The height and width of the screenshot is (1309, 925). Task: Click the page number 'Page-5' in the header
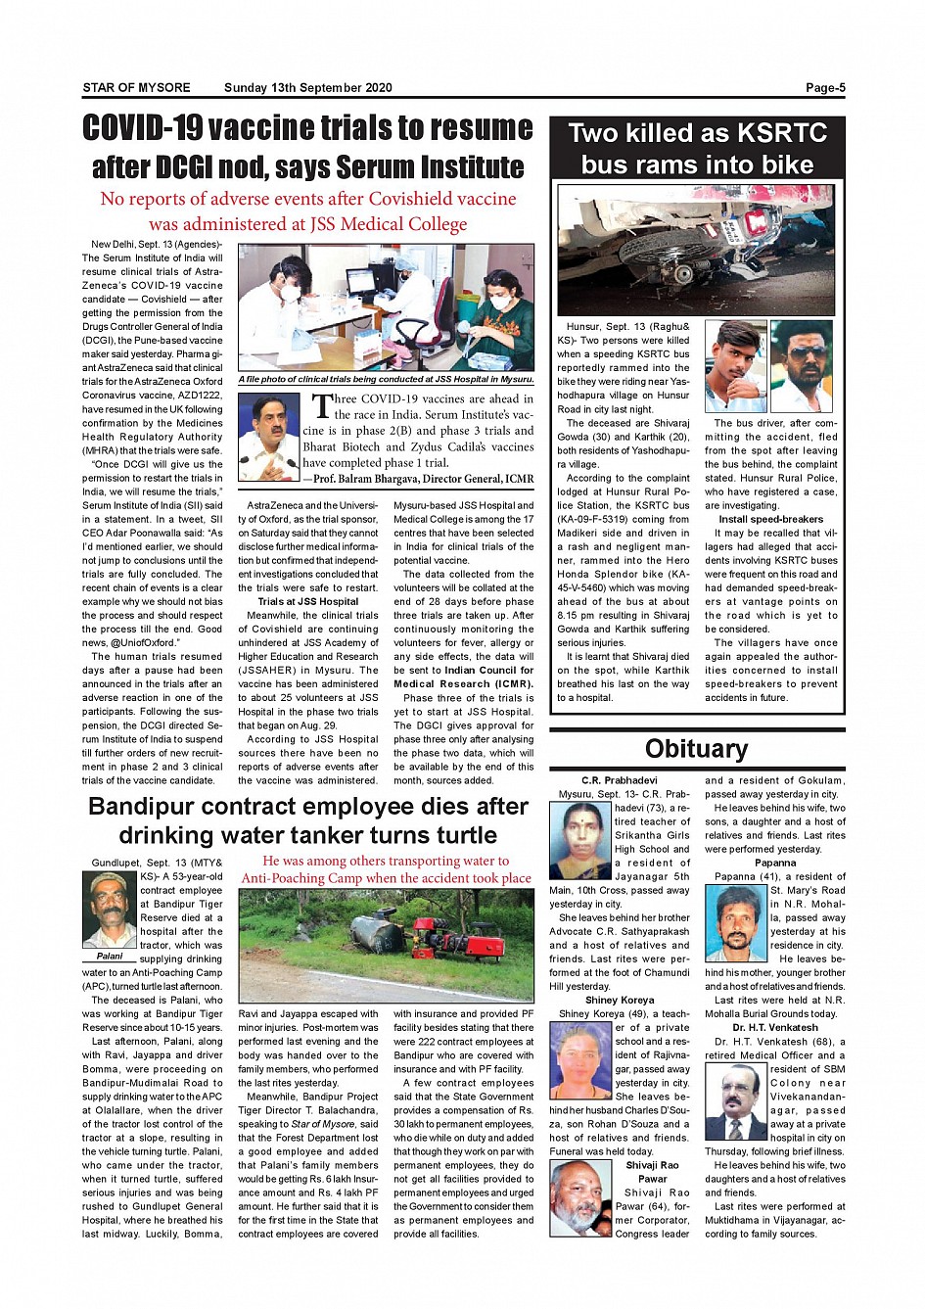pos(824,88)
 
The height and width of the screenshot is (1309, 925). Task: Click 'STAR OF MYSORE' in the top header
pos(136,88)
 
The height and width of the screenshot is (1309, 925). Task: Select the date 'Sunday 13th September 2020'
pos(307,88)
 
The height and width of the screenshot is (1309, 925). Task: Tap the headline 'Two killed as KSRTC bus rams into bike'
pos(697,149)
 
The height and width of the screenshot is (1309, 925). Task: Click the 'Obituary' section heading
pos(696,749)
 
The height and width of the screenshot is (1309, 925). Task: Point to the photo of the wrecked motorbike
pos(696,250)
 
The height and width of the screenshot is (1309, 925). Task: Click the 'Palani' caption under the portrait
pos(110,956)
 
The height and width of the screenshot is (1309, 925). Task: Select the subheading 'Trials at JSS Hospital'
pos(307,601)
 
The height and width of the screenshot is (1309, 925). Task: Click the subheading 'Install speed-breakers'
pos(770,519)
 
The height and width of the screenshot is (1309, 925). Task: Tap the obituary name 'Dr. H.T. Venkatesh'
pos(775,1027)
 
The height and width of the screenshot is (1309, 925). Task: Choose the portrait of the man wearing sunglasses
pos(801,366)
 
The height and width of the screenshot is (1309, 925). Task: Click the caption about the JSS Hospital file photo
pos(386,379)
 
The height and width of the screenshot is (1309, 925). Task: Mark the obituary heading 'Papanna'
pos(775,863)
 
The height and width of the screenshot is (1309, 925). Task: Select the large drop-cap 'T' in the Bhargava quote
pos(321,406)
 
